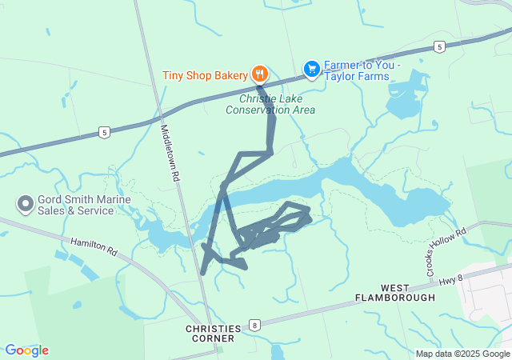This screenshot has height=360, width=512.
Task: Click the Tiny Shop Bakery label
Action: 206,76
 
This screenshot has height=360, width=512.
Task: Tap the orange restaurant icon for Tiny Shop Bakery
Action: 260,74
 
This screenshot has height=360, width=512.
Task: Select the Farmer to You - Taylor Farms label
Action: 357,70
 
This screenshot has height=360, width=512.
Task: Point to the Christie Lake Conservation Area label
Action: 270,105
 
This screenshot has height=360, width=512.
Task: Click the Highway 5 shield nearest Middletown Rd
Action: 104,132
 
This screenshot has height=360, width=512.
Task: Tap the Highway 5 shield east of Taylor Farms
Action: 440,47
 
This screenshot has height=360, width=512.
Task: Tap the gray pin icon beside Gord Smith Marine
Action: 25,205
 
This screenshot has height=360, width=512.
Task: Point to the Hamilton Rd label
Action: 94,247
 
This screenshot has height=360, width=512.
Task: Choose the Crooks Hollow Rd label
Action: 446,253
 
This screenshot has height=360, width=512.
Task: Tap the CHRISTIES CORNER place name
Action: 212,334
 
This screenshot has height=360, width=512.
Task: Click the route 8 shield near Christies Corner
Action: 254,325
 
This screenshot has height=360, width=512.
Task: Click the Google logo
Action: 26,350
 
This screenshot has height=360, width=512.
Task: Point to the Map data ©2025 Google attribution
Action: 462,354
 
